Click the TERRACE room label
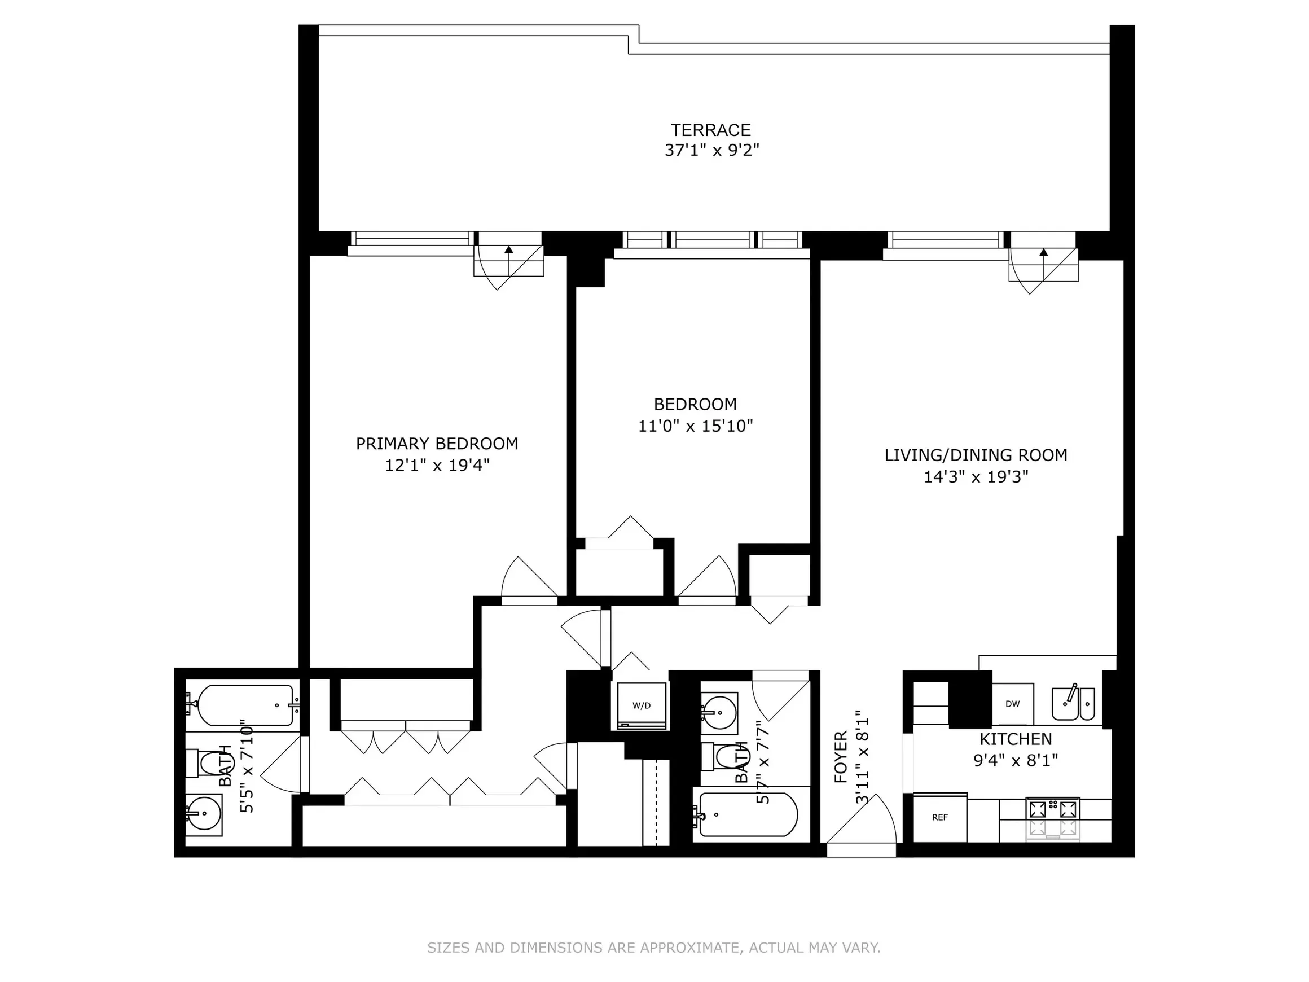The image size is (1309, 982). [x=711, y=130]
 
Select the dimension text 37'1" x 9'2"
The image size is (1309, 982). [x=711, y=150]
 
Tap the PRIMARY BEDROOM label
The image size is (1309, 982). [x=437, y=444]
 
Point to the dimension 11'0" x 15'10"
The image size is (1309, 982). [x=695, y=426]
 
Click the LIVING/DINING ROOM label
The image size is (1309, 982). [x=976, y=455]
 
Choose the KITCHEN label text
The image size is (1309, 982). [x=1016, y=739]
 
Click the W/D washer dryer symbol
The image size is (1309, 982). [x=642, y=705]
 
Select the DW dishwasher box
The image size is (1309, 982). [x=1013, y=704]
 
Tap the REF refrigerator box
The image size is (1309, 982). [x=940, y=817]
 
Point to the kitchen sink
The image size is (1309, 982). [x=1072, y=704]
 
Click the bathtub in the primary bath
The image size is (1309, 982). [x=245, y=705]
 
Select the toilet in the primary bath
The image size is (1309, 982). [x=204, y=764]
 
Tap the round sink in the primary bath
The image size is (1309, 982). [x=204, y=814]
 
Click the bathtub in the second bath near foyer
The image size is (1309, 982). [x=748, y=814]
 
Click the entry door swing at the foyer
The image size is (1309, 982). [x=863, y=820]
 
